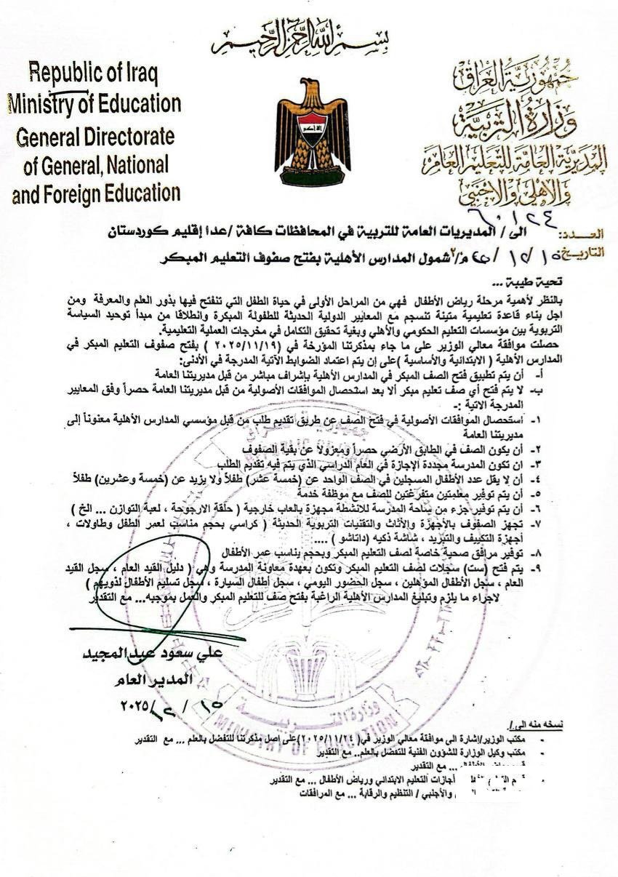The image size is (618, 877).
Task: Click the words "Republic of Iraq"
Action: (94, 74)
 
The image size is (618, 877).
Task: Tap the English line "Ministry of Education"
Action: (95, 103)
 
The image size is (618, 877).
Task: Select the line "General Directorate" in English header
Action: (95, 136)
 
